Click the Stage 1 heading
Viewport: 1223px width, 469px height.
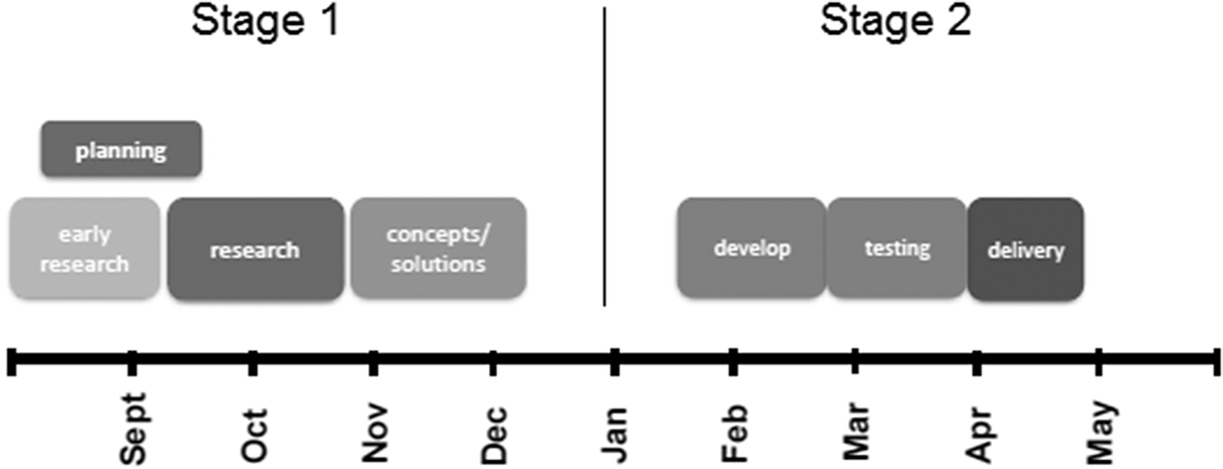coord(265,20)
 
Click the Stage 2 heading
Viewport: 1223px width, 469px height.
coord(896,20)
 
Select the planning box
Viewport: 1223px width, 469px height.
coord(121,149)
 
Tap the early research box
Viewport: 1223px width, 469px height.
coord(84,249)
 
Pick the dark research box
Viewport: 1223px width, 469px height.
coord(255,250)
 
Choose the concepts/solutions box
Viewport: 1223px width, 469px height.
coord(438,249)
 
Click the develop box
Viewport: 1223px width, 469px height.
coord(751,248)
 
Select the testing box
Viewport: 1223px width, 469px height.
coord(897,248)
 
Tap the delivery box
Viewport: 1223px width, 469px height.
coord(1025,250)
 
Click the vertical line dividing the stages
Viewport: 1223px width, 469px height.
coord(604,156)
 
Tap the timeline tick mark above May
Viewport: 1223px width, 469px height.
coord(1099,362)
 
